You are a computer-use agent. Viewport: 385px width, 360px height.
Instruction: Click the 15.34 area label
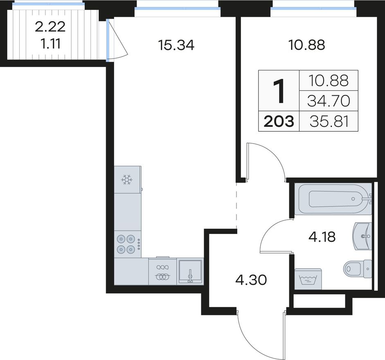(x=176, y=45)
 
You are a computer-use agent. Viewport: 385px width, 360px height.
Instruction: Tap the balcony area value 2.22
(x=50, y=27)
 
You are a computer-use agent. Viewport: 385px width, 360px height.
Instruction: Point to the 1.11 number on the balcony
(x=50, y=44)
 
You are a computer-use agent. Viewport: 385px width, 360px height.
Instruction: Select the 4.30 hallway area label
(x=251, y=280)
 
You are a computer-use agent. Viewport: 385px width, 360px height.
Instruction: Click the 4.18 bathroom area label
(x=322, y=237)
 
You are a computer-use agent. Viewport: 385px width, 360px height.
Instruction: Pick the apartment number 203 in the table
(x=279, y=122)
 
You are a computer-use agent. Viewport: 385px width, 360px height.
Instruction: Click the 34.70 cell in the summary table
(x=329, y=101)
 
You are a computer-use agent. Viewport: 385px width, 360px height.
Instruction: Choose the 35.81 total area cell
(x=329, y=122)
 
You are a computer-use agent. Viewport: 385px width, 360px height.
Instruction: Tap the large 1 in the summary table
(x=279, y=91)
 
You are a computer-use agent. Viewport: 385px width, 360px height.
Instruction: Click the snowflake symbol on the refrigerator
(x=127, y=180)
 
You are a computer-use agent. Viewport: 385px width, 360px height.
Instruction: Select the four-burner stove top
(x=128, y=244)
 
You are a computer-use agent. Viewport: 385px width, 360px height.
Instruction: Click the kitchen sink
(x=190, y=271)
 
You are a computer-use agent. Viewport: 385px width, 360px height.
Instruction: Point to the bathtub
(x=335, y=199)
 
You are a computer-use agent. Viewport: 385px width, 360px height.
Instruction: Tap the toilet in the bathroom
(x=358, y=269)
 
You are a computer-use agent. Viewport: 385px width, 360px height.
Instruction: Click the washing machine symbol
(x=308, y=279)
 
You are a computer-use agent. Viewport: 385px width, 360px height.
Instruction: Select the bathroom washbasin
(x=362, y=236)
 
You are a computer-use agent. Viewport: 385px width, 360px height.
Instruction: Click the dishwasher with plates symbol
(x=162, y=271)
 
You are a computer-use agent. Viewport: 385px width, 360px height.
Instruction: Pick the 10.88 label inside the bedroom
(x=307, y=45)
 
